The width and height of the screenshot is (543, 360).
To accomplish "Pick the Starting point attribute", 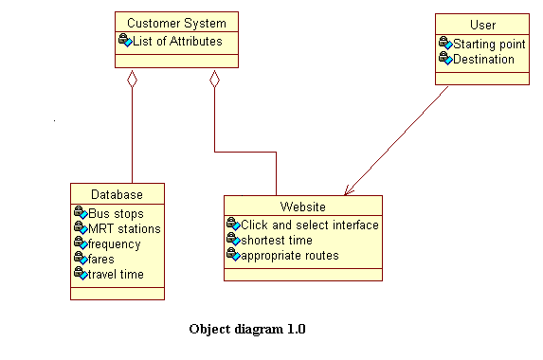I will click(488, 44).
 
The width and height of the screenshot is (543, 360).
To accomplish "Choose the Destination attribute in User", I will click(483, 59).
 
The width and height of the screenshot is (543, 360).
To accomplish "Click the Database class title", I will click(118, 194).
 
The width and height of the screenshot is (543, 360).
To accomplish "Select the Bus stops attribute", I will click(116, 214).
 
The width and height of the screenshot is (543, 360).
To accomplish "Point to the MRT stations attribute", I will click(124, 228).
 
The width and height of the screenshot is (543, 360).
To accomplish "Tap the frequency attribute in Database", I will click(114, 243).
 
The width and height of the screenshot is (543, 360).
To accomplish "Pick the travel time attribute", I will click(117, 274).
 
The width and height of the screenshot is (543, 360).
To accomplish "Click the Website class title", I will click(303, 207).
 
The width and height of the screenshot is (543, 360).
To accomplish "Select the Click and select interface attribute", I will click(309, 225).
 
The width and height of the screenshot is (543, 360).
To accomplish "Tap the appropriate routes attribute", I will click(289, 255).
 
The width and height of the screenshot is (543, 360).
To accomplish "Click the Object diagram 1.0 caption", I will click(247, 330).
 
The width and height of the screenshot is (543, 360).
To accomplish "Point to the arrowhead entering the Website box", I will click(347, 190).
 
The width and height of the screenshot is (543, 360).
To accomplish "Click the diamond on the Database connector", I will click(132, 80).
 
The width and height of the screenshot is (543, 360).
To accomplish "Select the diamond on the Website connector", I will click(215, 80).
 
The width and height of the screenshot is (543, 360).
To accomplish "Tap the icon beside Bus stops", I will click(80, 214).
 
